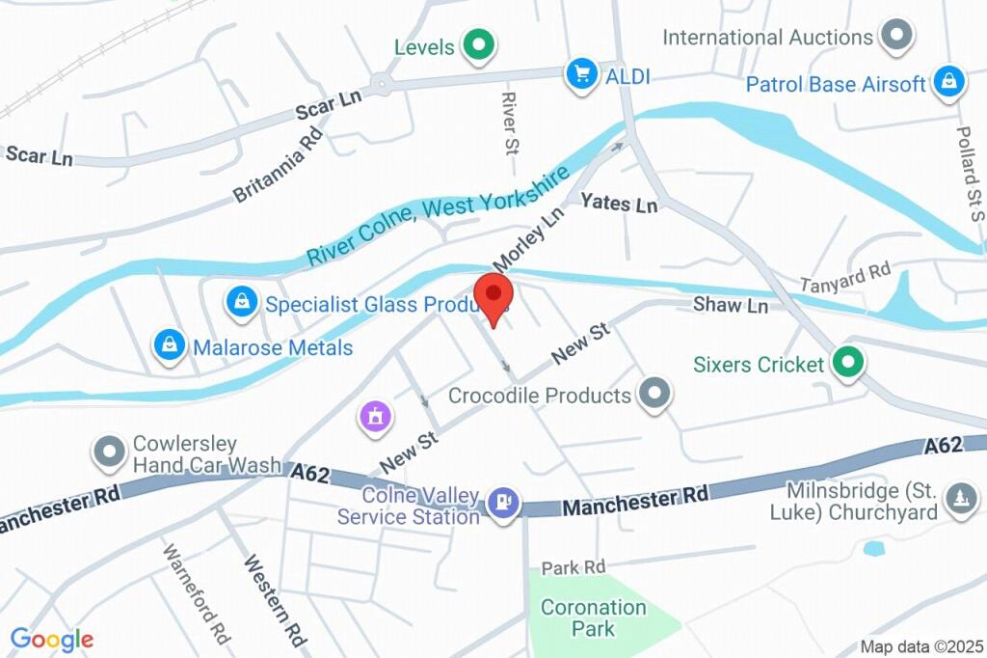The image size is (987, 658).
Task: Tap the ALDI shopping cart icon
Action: coord(580,73)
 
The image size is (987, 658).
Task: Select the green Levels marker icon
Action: coord(477,44)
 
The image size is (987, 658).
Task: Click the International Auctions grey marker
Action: coord(898,37)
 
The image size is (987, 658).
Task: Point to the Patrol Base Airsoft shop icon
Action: coord(948,84)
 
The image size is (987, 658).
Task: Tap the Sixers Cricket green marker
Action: coord(847,363)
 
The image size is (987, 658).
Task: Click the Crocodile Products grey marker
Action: coord(655,394)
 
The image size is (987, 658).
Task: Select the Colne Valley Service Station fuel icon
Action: coord(503,502)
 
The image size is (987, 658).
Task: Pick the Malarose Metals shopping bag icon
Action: coord(170,344)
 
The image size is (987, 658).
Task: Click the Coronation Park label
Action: coord(593,617)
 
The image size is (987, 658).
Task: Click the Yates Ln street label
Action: coord(618,204)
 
